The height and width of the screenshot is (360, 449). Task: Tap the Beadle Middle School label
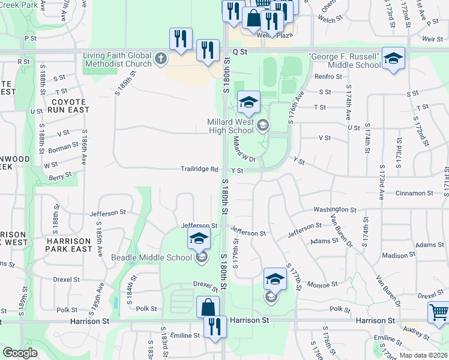coord(151,258)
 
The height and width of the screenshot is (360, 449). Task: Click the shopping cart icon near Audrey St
coord(438,312)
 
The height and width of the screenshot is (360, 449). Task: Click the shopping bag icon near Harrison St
coord(207,307)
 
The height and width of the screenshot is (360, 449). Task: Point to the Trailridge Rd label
coord(199,169)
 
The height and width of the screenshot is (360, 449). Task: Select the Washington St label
coord(335,209)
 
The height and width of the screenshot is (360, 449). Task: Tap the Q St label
coord(240,52)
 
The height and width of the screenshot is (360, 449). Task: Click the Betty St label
coord(60,175)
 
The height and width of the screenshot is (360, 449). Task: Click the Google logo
coord(20,352)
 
